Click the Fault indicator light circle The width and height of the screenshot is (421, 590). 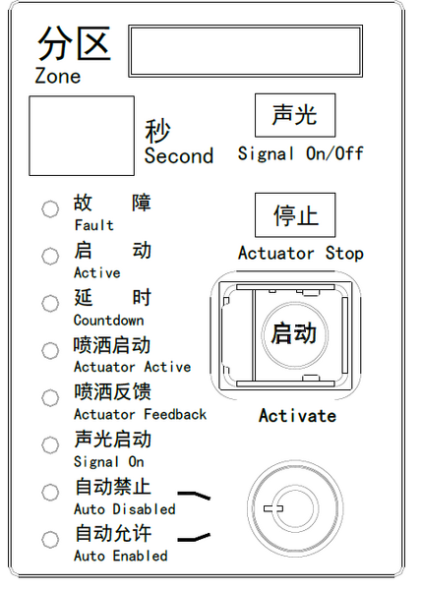pos(50,209)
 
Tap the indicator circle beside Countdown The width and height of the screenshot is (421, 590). pos(50,304)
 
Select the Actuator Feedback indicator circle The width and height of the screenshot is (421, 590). pos(50,398)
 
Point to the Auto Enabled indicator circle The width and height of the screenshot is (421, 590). pos(50,540)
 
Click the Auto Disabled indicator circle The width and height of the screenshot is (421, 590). pos(50,492)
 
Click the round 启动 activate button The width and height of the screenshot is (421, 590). pos(294,332)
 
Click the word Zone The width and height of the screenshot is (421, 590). pos(58,76)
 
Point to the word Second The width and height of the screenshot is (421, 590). pos(178,155)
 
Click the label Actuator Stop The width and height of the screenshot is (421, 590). pos(300,253)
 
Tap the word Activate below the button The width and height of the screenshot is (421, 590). pos(297,415)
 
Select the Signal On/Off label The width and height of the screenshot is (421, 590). pos(300,153)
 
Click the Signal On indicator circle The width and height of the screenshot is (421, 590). pos(50,445)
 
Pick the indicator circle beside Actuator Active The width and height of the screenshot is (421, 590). pos(50,351)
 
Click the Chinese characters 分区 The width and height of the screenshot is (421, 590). pos(73,44)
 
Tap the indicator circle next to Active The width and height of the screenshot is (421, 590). pos(50,257)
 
